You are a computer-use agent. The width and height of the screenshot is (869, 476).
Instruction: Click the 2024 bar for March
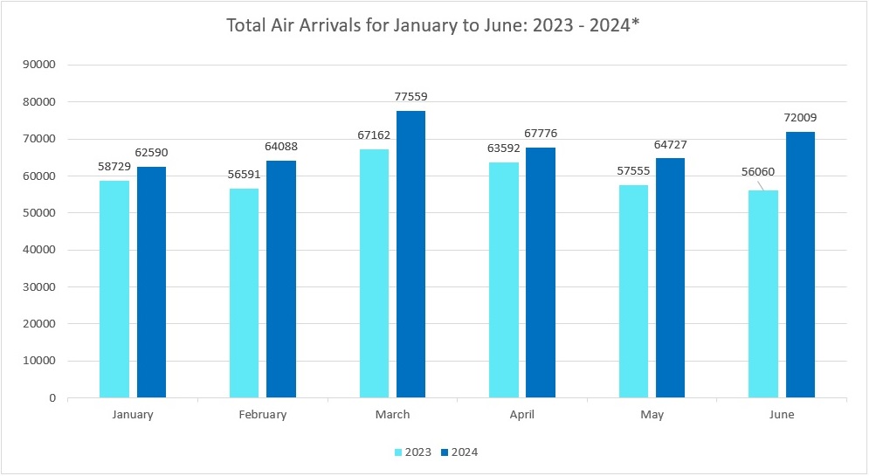[410, 254]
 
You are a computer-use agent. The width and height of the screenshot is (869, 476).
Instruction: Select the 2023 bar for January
[114, 289]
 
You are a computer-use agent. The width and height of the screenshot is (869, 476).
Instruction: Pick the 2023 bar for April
[504, 279]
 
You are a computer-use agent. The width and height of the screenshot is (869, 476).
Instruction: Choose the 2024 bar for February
[281, 279]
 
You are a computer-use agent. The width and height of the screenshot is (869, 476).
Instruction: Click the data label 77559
[410, 97]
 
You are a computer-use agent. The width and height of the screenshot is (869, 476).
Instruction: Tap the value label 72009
[800, 117]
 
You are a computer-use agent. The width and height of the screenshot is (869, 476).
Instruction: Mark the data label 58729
[114, 165]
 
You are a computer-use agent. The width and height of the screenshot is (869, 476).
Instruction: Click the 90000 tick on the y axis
[38, 65]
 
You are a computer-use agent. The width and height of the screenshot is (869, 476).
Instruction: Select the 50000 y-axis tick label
[38, 213]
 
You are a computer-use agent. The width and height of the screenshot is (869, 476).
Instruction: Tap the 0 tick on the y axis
[52, 398]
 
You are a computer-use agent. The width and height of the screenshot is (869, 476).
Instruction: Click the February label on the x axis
[262, 415]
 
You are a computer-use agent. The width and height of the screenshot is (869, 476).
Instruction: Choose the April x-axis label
[522, 415]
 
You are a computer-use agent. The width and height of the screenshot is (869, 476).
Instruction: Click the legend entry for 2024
[459, 452]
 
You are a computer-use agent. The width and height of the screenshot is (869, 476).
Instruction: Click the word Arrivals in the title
[330, 25]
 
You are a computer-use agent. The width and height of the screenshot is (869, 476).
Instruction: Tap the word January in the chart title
[418, 25]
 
